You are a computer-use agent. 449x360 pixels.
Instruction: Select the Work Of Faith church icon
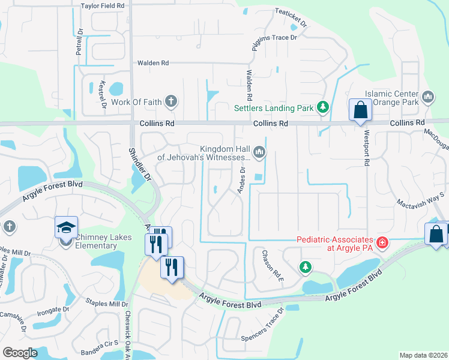click(171, 101)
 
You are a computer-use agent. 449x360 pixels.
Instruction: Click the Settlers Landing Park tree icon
click(324, 108)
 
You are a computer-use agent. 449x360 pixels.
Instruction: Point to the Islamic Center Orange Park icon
click(428, 97)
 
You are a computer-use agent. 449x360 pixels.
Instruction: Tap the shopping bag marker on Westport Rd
click(360, 110)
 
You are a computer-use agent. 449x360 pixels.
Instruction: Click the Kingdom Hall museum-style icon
click(259, 152)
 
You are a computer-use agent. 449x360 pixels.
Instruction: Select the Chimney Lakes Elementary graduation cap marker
click(67, 228)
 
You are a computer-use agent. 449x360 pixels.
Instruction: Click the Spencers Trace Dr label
click(262, 329)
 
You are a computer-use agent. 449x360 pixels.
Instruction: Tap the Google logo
click(20, 352)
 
